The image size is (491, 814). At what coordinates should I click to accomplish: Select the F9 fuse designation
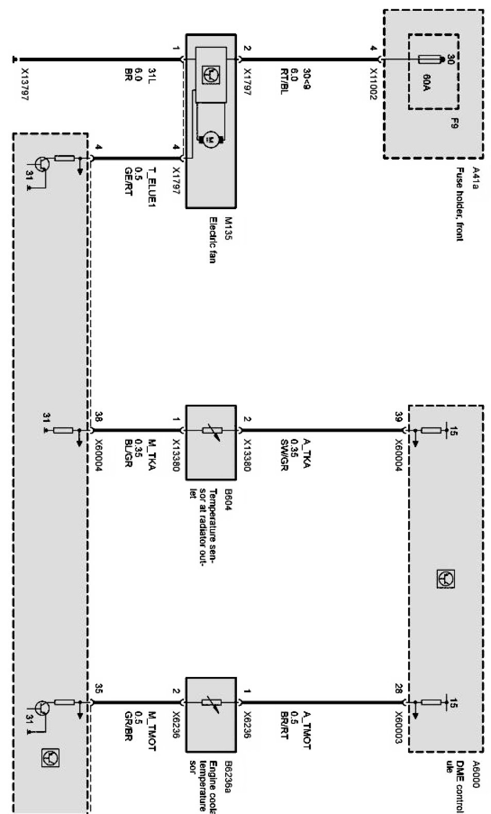[x=454, y=124]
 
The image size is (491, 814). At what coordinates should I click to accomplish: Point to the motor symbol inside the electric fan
[x=210, y=138]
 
